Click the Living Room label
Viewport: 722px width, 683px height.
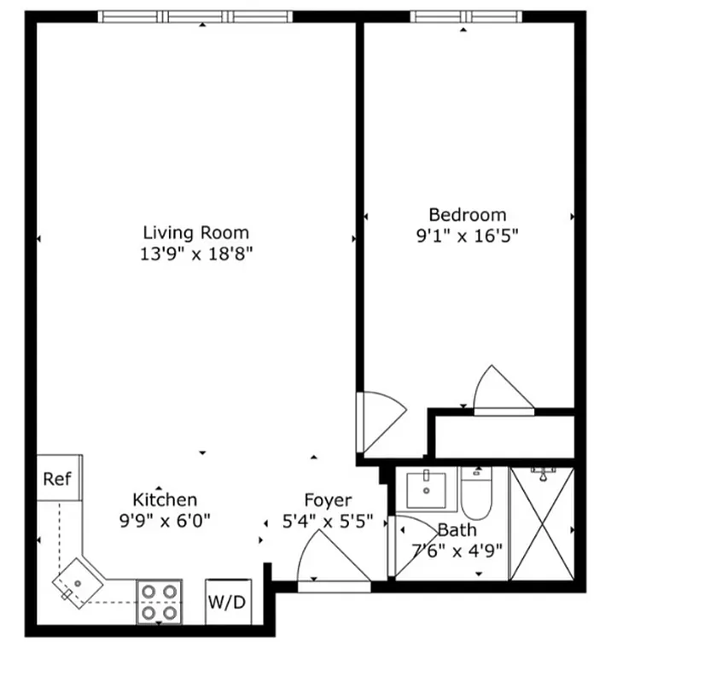[x=195, y=231]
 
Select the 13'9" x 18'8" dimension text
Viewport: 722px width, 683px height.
[x=196, y=254]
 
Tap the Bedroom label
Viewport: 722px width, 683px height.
[x=467, y=215]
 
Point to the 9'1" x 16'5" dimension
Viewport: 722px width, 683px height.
[x=467, y=236]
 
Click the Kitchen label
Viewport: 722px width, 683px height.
[x=165, y=499]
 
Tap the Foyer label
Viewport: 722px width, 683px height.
[x=328, y=500]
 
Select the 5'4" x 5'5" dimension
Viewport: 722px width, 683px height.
[x=328, y=522]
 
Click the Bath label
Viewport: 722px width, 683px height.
[x=457, y=530]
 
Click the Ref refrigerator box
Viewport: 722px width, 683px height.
[x=58, y=478]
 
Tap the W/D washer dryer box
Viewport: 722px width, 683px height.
[x=227, y=602]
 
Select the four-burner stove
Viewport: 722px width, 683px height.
[x=160, y=601]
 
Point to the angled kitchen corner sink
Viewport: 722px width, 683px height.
[x=78, y=583]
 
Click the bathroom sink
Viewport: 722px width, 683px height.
[x=426, y=489]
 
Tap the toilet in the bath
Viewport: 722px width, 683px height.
[x=475, y=494]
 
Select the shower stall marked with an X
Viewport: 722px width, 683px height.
[x=542, y=523]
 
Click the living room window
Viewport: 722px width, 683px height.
[x=195, y=16]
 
